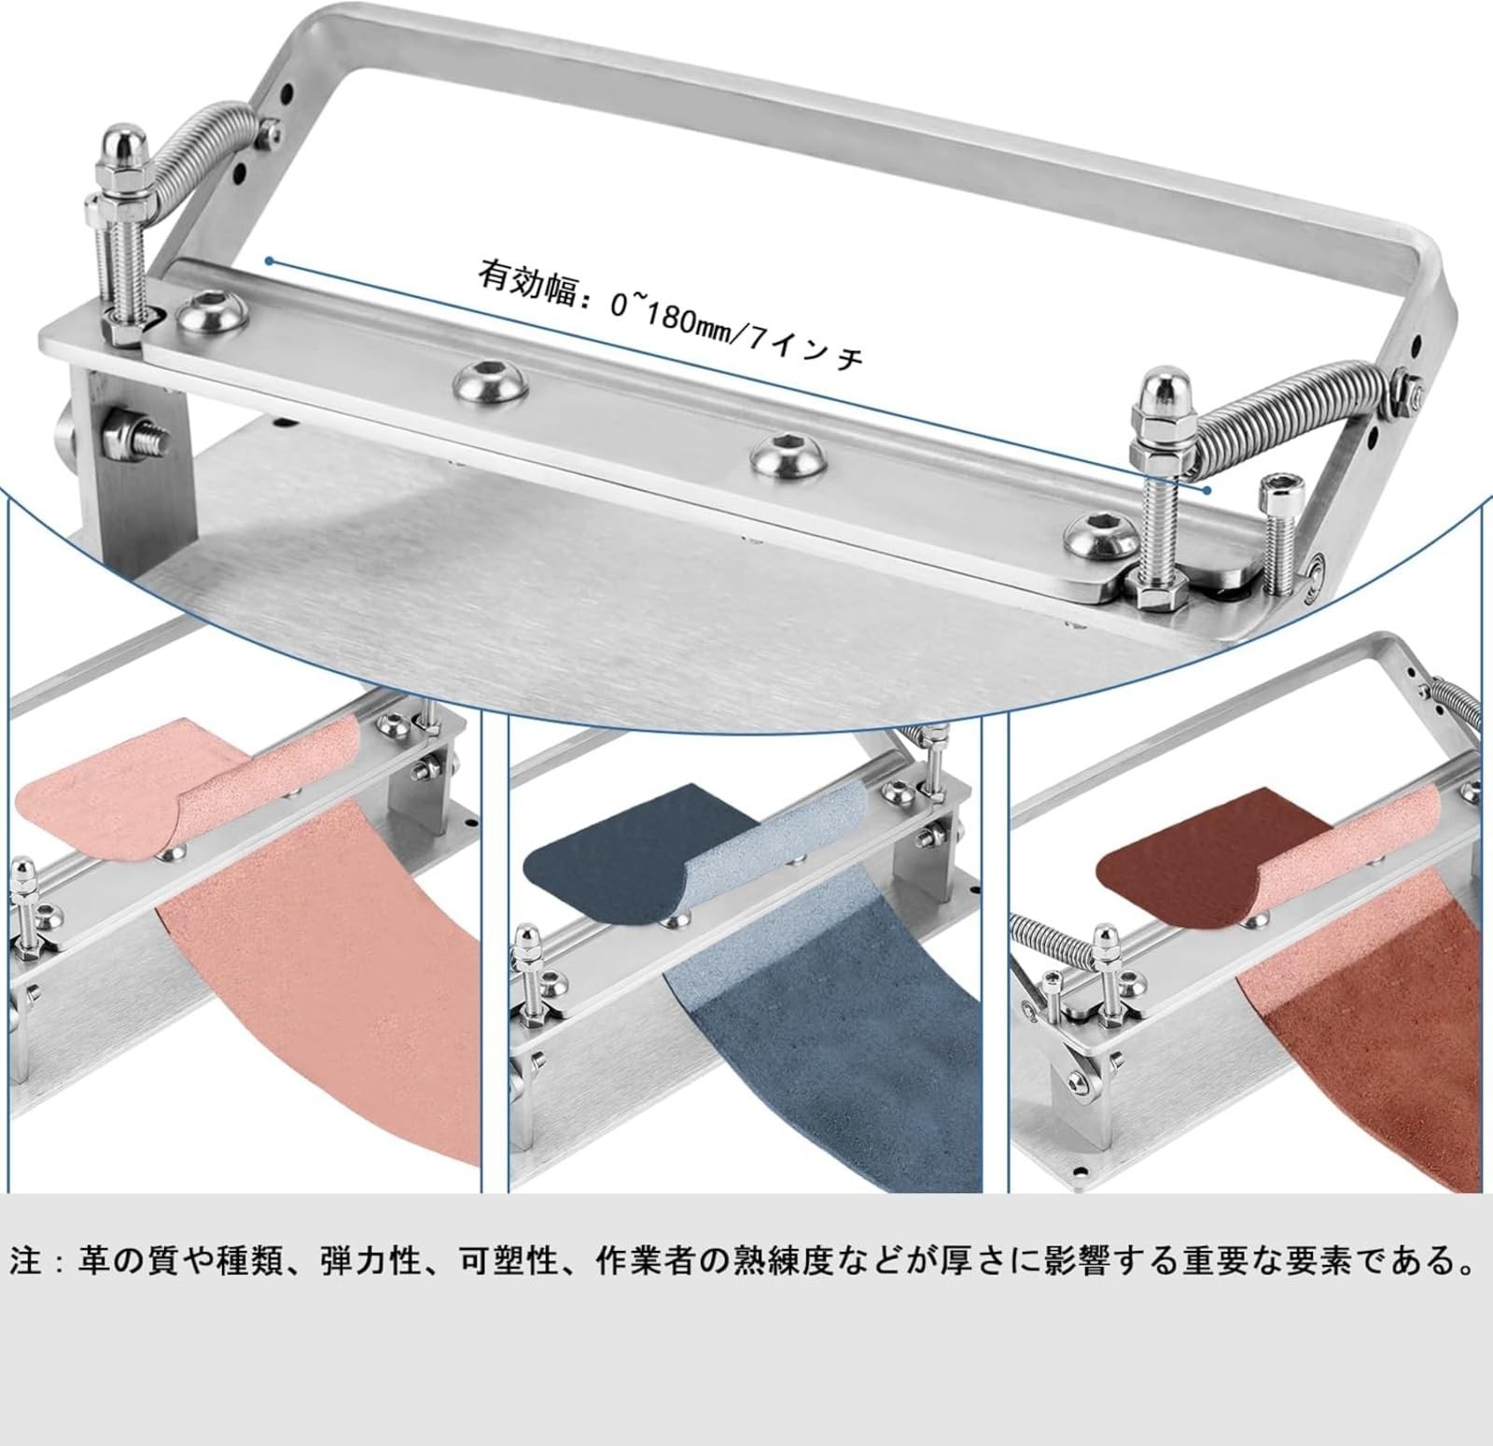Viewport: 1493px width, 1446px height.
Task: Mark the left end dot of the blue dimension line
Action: click(x=269, y=261)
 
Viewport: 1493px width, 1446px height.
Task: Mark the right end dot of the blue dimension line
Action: click(x=1207, y=488)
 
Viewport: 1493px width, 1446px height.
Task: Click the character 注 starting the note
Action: click(x=28, y=1262)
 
